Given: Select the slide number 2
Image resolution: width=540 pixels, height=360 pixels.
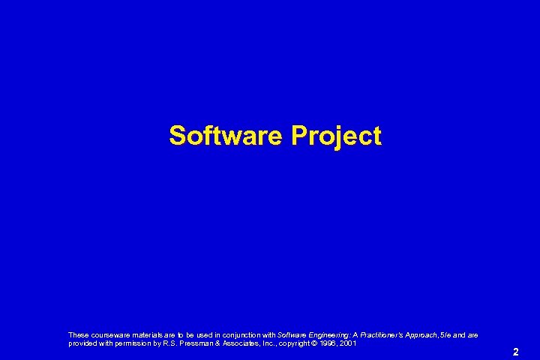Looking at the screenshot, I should [516, 351].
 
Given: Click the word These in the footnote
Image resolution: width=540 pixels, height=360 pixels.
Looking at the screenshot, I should [78, 334].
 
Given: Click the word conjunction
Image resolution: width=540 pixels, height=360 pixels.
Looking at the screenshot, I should [240, 334].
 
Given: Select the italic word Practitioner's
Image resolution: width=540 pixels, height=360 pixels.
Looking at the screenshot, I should [382, 334].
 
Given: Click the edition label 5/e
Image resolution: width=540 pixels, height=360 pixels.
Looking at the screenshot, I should [448, 334].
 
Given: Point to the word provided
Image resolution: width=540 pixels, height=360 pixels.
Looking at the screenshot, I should [82, 343].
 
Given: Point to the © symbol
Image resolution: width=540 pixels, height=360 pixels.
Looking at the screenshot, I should [322, 343].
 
